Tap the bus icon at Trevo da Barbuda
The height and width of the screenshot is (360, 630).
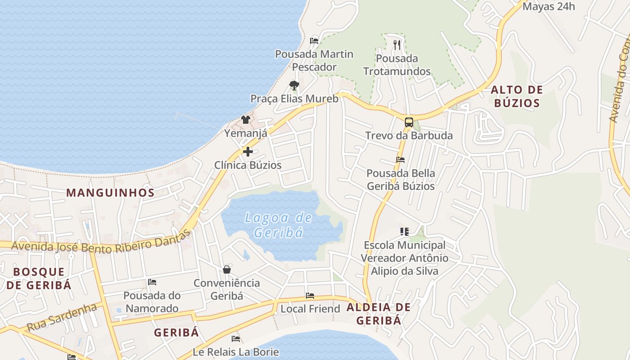409,122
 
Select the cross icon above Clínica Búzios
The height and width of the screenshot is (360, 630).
247,152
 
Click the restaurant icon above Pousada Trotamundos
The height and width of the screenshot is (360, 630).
396,45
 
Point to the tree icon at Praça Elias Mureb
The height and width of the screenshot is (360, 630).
294,85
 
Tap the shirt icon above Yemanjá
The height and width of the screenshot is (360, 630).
245,120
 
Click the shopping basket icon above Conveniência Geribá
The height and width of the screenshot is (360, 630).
227,270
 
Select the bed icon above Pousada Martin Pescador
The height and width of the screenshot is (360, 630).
314,40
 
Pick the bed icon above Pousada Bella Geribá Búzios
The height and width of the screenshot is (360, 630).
400,160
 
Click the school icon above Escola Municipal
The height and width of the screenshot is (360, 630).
404,232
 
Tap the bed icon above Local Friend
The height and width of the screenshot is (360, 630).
310,296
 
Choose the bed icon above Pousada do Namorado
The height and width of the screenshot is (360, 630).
152,282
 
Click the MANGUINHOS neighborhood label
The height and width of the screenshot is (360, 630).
110,193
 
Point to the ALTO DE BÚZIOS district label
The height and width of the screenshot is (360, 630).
517,96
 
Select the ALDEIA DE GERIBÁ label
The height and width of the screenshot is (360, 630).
378,314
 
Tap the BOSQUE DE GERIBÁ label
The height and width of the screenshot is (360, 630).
39,278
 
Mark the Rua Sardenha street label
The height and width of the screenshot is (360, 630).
62,318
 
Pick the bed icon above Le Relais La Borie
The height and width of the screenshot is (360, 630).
236,338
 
